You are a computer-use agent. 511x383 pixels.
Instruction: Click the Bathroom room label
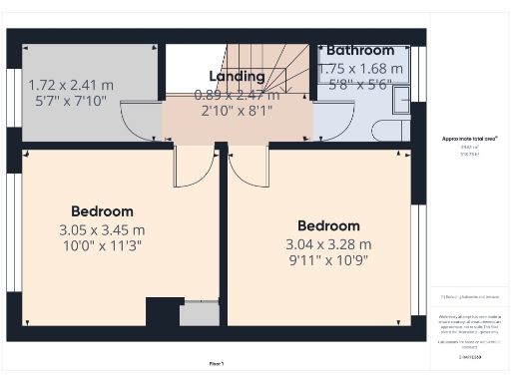coord(360,50)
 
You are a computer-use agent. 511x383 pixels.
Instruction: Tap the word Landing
coord(237,77)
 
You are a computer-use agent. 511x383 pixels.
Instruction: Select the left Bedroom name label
coord(102,211)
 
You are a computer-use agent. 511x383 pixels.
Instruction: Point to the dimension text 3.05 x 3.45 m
coord(102,229)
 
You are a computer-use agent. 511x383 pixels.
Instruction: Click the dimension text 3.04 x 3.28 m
coord(328,244)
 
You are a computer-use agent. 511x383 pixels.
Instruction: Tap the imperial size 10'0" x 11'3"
coord(102,246)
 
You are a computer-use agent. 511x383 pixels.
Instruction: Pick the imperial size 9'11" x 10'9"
coord(328,261)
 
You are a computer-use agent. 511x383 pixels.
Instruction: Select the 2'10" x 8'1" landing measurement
coord(237,111)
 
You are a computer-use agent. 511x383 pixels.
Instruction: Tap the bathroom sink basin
coord(400,98)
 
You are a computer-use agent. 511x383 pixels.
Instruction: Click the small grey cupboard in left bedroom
coord(199,314)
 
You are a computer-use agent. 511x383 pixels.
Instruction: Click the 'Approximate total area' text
coord(469,139)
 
